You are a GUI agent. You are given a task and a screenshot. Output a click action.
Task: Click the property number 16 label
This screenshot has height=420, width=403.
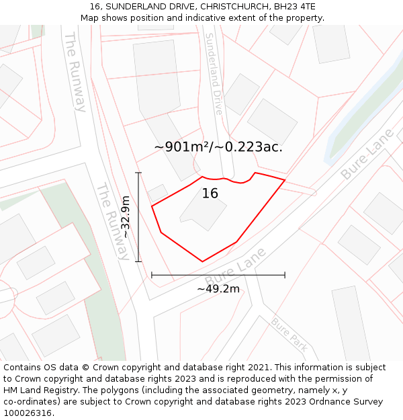click(x=210, y=194)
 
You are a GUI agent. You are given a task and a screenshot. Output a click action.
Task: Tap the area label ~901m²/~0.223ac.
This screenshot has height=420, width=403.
click(x=218, y=147)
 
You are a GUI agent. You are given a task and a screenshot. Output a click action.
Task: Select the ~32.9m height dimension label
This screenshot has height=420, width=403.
click(x=125, y=217)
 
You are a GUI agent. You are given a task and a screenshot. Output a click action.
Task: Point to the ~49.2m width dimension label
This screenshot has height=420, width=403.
click(x=218, y=289)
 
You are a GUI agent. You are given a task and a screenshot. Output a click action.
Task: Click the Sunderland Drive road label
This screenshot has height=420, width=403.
click(x=214, y=74)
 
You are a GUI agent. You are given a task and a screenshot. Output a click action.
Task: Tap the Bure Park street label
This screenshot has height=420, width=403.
click(x=289, y=334)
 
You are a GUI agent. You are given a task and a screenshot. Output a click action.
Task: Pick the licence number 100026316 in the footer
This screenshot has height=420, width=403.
click(x=26, y=413)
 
